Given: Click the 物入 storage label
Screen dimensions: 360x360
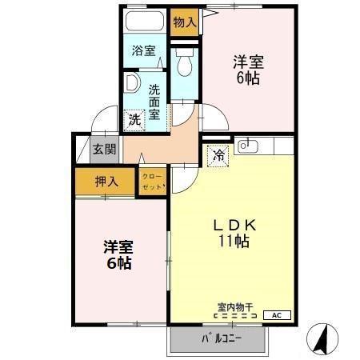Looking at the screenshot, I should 185,22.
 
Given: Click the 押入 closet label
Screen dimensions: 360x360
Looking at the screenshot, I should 106,182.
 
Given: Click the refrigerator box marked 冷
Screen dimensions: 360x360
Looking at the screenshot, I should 217,156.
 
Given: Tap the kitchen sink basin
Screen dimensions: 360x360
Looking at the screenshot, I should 248,146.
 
